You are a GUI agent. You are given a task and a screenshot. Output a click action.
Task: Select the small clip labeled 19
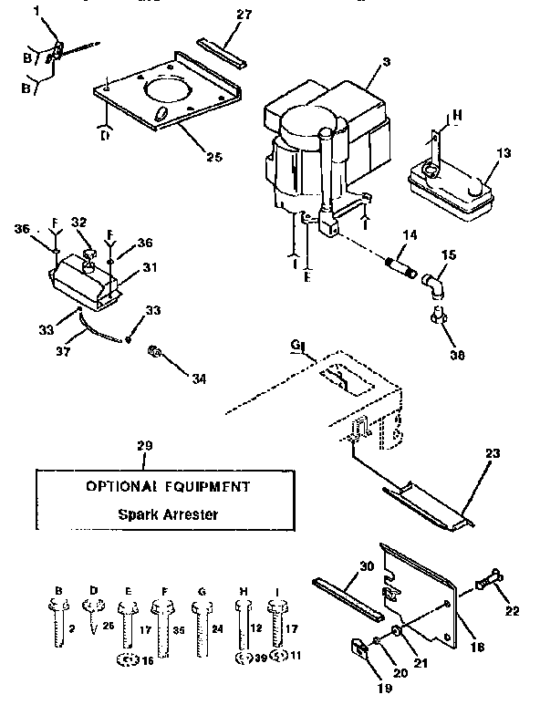click(x=358, y=650)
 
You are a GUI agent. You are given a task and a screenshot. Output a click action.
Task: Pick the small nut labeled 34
click(x=156, y=352)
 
